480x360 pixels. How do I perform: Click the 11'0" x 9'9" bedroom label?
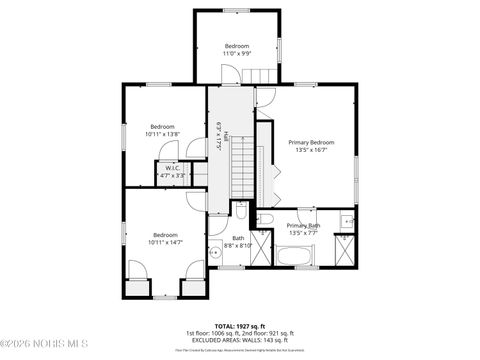point(237,54)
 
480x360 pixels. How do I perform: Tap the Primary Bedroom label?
point(311,143)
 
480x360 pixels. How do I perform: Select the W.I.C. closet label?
point(173,168)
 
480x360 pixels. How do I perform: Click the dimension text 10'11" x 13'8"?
point(162,134)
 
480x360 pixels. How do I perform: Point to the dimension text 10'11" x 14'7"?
point(165,242)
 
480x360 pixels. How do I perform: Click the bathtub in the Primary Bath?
point(295,255)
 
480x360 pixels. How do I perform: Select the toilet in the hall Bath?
point(241,211)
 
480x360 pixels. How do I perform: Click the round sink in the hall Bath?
point(215,253)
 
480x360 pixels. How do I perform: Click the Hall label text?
point(226,134)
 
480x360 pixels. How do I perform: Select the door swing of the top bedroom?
point(228,74)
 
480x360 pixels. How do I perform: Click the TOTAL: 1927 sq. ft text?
point(238,325)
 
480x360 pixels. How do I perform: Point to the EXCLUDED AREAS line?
point(238,339)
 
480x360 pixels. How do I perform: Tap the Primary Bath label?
point(303,226)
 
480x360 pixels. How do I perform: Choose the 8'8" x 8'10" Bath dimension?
point(238,244)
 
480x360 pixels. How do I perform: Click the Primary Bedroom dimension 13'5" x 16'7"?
point(311,151)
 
